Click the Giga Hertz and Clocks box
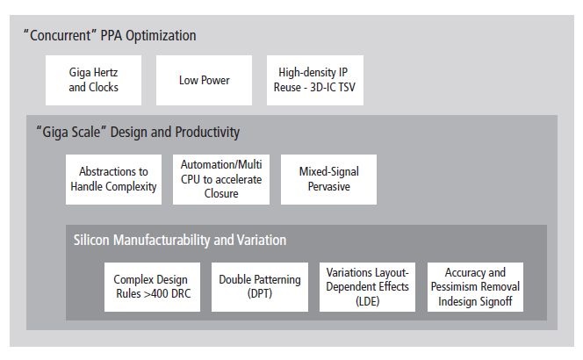[x=93, y=80]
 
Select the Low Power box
[x=204, y=80]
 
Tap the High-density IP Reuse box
[x=315, y=80]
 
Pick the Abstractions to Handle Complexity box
[x=113, y=179]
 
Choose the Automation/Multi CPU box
[x=221, y=179]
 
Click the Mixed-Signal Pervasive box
[x=328, y=179]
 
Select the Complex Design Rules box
[x=152, y=287]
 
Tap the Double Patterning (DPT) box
[x=260, y=287]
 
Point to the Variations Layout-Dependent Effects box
[x=367, y=287]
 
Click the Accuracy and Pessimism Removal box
[x=475, y=287]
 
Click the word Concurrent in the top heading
[x=61, y=36]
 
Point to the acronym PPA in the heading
[x=112, y=36]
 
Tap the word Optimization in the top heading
[x=161, y=36]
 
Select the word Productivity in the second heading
[x=207, y=133]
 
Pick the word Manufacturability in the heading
[x=162, y=241]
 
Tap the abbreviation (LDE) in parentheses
[x=367, y=301]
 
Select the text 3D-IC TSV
[x=333, y=87]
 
